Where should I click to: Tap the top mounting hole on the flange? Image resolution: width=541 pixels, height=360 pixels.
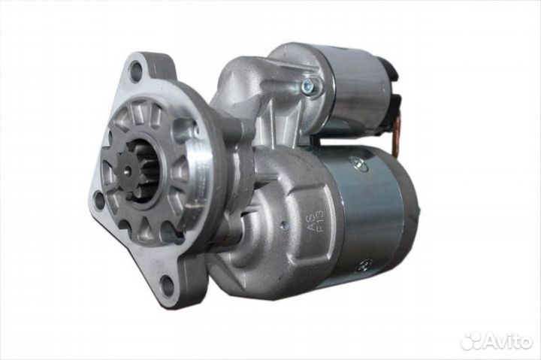[x=135, y=72]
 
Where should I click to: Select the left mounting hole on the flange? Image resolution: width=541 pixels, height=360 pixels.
[x=98, y=199]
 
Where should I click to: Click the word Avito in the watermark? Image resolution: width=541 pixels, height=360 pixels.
[x=504, y=341]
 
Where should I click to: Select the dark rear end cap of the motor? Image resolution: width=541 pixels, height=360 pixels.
[x=410, y=210]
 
